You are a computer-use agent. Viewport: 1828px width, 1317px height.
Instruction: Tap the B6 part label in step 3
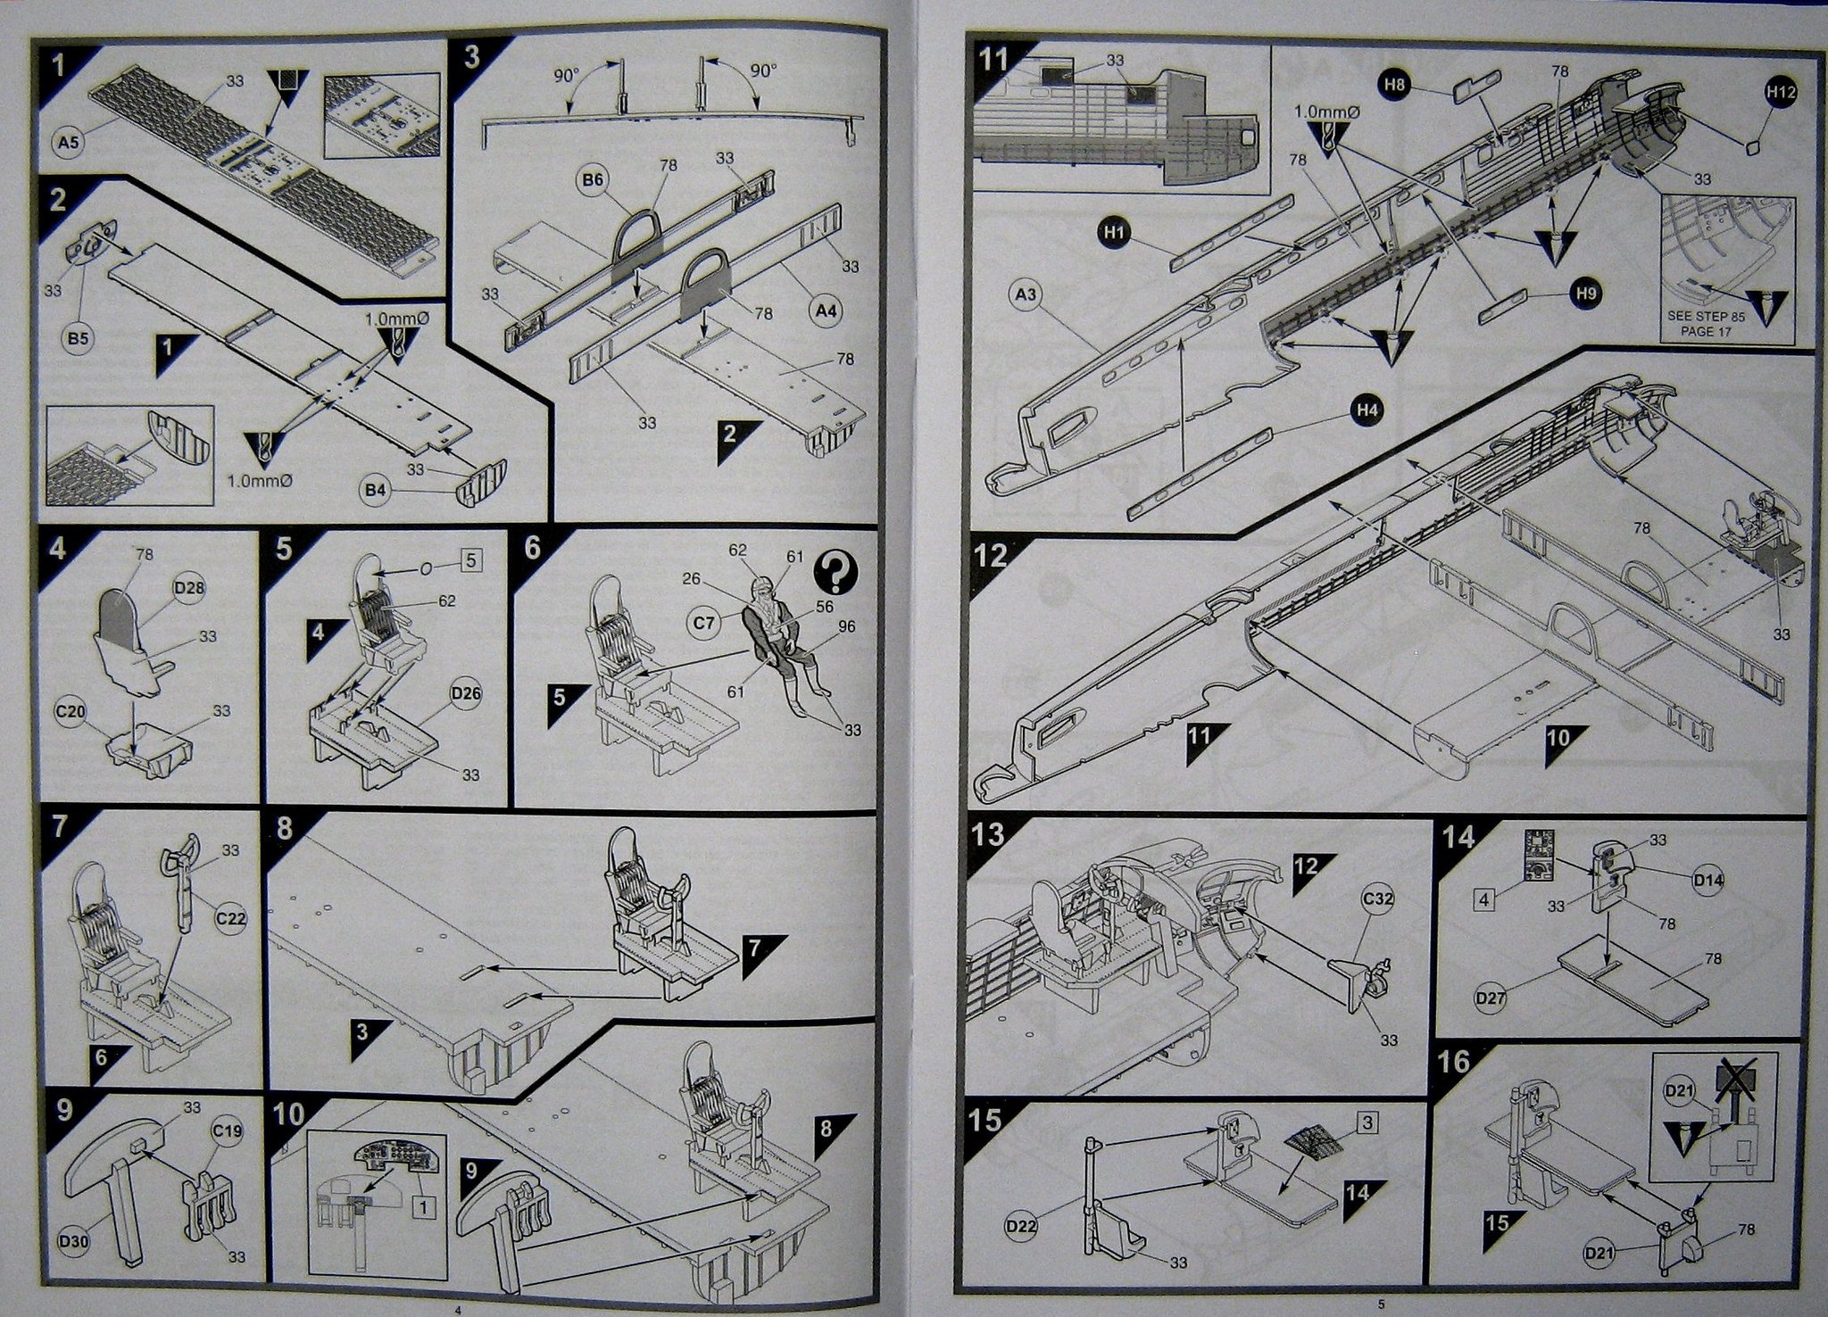[x=593, y=180]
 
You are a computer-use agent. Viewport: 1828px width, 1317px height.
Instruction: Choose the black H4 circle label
[x=1367, y=410]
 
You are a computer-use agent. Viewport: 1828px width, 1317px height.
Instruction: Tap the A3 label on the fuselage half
[x=1027, y=294]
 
